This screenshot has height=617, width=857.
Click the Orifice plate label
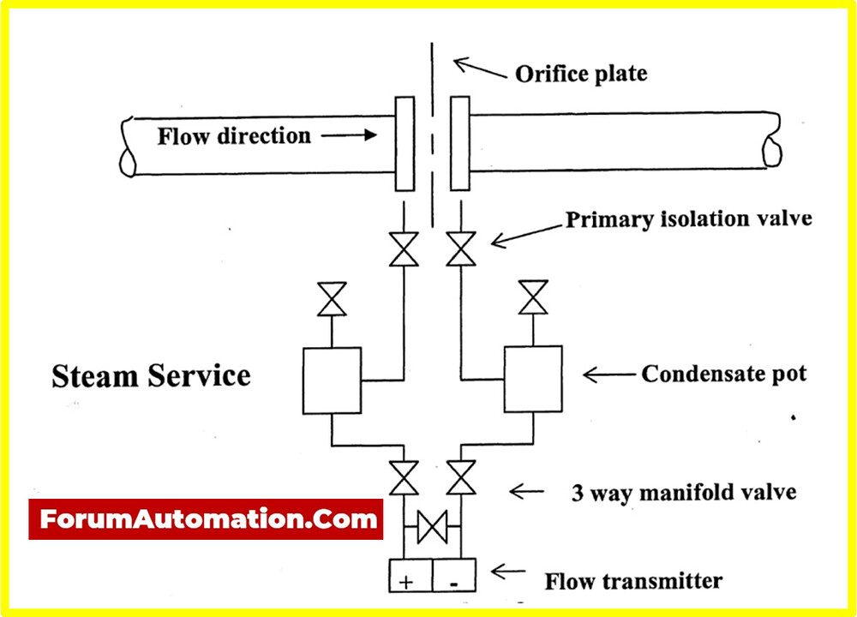point(581,74)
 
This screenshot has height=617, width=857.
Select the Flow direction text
point(234,135)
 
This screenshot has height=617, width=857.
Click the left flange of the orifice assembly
point(405,144)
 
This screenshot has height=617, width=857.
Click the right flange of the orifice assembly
point(459,144)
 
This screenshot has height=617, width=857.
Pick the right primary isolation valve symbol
point(462,249)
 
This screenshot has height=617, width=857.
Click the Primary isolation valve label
point(688,219)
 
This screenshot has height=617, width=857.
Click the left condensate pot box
point(331,380)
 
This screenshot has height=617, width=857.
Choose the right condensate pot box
point(533,380)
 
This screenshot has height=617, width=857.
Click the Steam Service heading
point(151,375)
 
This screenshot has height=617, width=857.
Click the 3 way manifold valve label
point(683,493)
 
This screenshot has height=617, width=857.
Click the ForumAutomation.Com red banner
point(206,519)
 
